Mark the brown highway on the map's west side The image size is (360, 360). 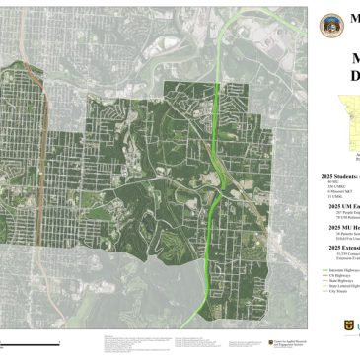(42, 197)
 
